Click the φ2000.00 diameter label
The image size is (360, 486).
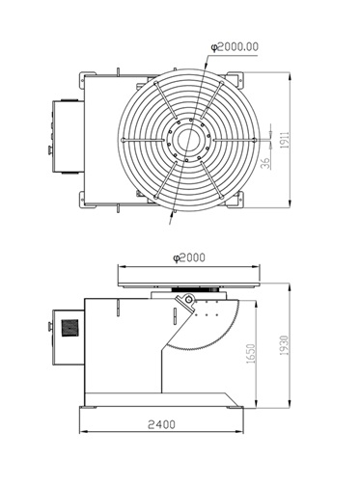click(x=235, y=47)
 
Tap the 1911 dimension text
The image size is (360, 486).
click(x=285, y=140)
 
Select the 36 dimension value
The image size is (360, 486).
click(x=265, y=163)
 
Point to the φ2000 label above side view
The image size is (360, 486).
click(x=189, y=257)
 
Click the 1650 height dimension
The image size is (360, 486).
click(x=251, y=354)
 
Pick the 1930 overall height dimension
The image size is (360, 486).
click(x=285, y=345)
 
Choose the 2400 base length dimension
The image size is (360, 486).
click(x=161, y=424)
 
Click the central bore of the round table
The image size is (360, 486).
click(x=188, y=140)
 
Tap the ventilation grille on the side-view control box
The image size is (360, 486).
click(x=69, y=328)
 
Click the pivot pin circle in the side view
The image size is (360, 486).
click(x=189, y=301)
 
